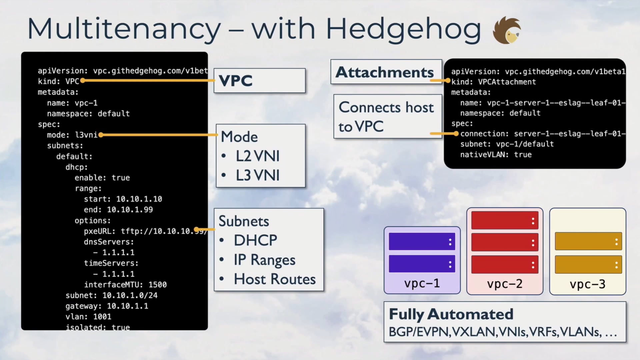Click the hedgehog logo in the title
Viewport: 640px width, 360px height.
pyautogui.click(x=507, y=30)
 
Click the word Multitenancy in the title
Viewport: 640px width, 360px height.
pyautogui.click(x=124, y=29)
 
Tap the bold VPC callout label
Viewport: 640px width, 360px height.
pyautogui.click(x=236, y=81)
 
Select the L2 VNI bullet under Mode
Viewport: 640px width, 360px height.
pyautogui.click(x=257, y=156)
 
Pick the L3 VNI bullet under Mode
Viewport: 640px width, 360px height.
pyautogui.click(x=257, y=175)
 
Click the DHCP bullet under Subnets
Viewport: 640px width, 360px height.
pyautogui.click(x=255, y=240)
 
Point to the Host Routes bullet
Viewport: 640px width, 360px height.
pyautogui.click(x=274, y=279)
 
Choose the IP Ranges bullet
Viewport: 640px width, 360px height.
pyautogui.click(x=264, y=260)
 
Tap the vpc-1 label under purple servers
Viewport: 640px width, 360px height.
pyautogui.click(x=422, y=283)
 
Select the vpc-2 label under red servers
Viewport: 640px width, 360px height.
pyautogui.click(x=505, y=284)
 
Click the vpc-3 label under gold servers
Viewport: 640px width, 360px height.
pyautogui.click(x=587, y=284)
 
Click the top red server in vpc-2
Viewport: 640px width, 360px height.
pyautogui.click(x=505, y=220)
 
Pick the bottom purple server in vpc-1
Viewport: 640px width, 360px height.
pyautogui.click(x=422, y=264)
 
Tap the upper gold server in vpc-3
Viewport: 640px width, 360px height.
pyautogui.click(x=588, y=241)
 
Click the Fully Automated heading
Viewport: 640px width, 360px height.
pyautogui.click(x=451, y=314)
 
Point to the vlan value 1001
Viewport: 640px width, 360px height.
pyautogui.click(x=102, y=317)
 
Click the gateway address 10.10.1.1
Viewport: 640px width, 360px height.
pyautogui.click(x=128, y=306)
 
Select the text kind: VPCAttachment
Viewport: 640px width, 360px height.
pyautogui.click(x=494, y=82)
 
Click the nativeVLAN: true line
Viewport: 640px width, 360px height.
pyautogui.click(x=496, y=155)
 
